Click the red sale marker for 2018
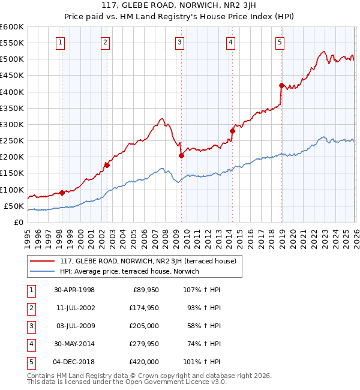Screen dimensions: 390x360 point(281,85)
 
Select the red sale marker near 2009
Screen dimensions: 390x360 point(181,155)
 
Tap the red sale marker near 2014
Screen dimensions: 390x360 point(232,131)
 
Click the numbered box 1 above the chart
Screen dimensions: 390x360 point(61,42)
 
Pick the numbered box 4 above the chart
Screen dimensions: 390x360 point(231,42)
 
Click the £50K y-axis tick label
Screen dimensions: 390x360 point(14,206)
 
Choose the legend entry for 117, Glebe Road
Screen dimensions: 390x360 point(148,261)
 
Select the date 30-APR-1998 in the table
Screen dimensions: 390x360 point(74,290)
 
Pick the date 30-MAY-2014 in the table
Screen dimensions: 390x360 point(74,344)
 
